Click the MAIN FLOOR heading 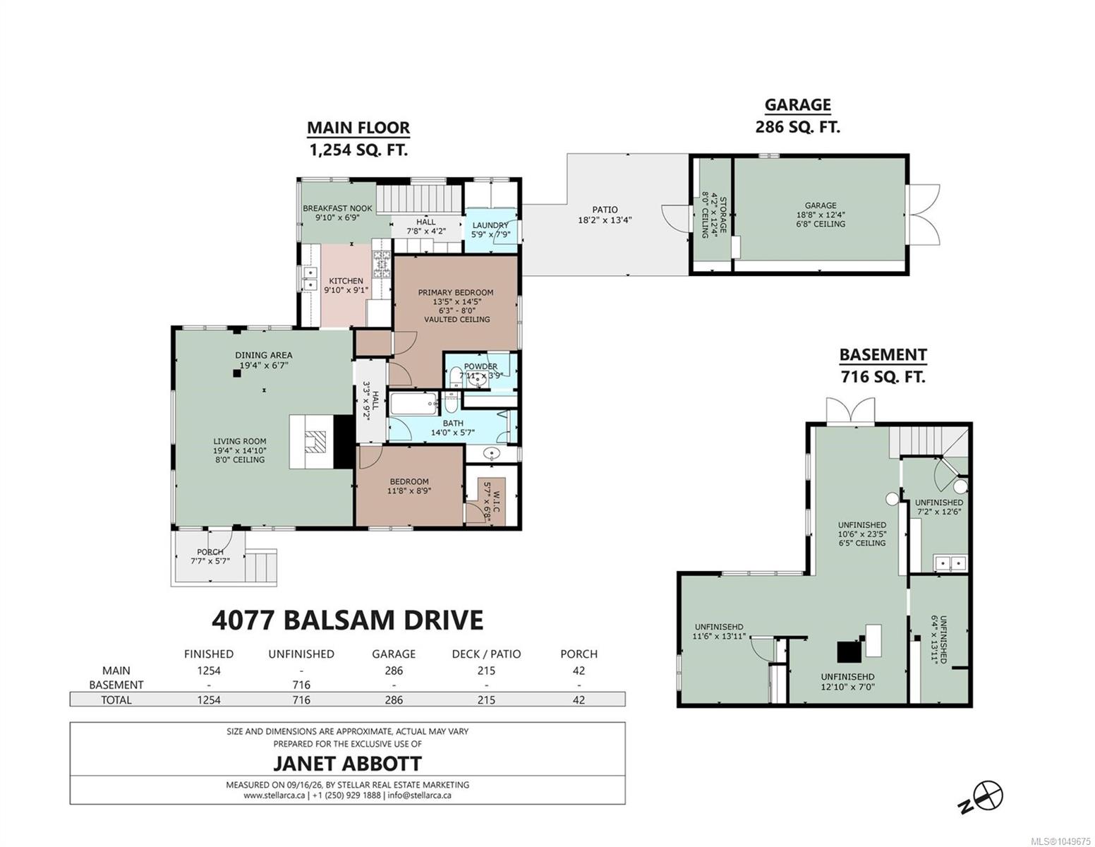(x=358, y=128)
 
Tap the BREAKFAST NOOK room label (x=337, y=208)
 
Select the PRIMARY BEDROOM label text (x=456, y=292)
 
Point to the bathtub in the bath (x=413, y=403)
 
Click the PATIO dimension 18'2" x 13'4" (x=605, y=220)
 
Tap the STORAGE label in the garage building (x=722, y=215)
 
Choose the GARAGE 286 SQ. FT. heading (x=798, y=115)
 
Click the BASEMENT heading (x=883, y=355)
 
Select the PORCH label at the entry (x=210, y=552)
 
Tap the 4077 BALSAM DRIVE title (x=348, y=620)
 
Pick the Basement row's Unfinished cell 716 (x=301, y=685)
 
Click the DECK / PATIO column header (x=486, y=654)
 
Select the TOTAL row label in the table (x=116, y=700)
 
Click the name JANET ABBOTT (x=348, y=763)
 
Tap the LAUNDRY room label (x=490, y=225)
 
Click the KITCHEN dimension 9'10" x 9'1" (x=346, y=290)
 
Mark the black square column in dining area (x=236, y=373)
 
